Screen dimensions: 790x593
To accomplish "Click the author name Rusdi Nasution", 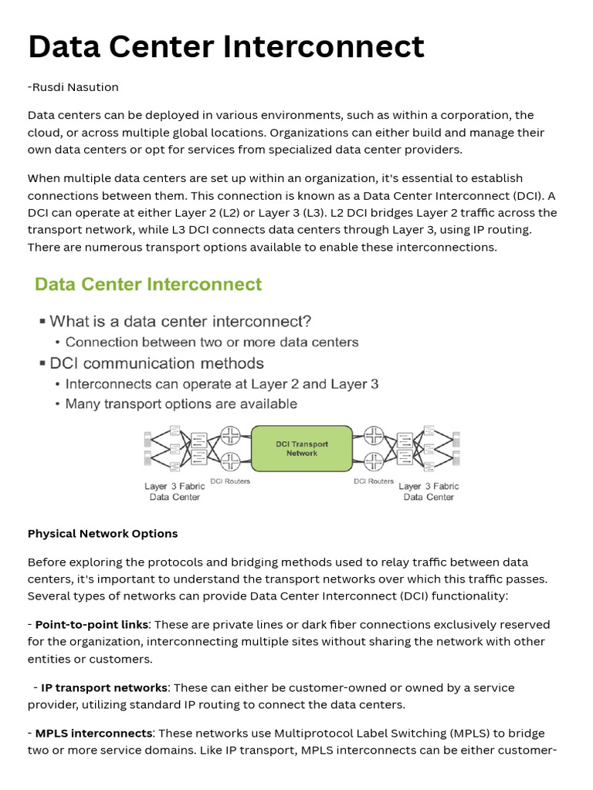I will point(75,87).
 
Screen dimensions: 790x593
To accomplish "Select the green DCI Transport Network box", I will point(302,448).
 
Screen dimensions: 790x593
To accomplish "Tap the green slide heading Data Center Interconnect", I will point(148,284).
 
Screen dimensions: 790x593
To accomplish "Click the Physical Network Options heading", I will point(103,534).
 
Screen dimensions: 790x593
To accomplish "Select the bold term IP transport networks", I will point(104,687).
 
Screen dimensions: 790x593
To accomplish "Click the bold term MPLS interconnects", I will point(94,734).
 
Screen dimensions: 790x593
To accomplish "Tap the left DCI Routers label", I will point(230,481).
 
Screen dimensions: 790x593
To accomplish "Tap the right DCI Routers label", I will point(374,481).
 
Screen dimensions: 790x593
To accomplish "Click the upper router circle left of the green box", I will point(230,436).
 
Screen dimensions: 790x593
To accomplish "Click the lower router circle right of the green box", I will point(374,461).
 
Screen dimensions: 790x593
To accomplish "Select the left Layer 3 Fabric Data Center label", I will point(175,491).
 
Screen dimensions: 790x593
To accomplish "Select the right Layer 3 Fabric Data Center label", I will point(429,491).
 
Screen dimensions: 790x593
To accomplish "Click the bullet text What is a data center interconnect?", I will point(181,321).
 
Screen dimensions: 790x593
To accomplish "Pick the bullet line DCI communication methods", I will point(157,363).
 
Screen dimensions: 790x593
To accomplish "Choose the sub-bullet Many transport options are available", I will point(181,403).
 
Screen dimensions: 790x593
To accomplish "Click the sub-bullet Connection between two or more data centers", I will point(212,342).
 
